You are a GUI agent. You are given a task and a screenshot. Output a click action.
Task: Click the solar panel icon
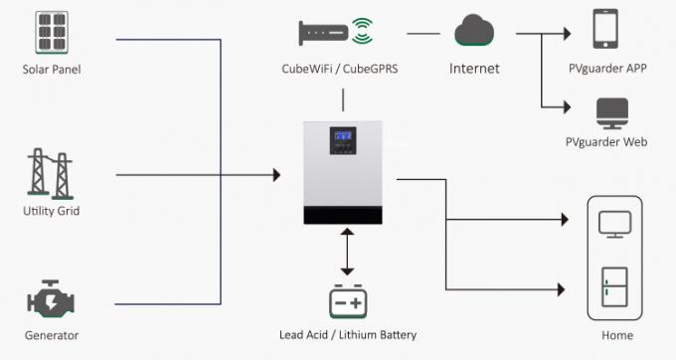tap(51, 33)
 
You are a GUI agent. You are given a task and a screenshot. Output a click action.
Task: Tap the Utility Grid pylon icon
tap(51, 175)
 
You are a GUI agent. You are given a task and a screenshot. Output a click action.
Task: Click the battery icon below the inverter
tap(348, 300)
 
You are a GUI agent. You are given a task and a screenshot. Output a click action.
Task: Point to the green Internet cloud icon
tap(474, 32)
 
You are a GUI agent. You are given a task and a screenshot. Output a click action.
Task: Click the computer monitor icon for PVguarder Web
tap(609, 110)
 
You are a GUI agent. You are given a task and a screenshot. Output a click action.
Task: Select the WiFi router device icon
tap(326, 32)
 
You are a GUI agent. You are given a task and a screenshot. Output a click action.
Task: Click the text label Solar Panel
tap(52, 70)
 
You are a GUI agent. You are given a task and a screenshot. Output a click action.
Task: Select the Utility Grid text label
tap(51, 211)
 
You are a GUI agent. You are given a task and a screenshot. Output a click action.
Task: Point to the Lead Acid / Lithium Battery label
tap(349, 335)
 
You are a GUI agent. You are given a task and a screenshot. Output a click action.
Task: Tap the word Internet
tap(474, 69)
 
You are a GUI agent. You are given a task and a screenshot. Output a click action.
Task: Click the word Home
tap(617, 335)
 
